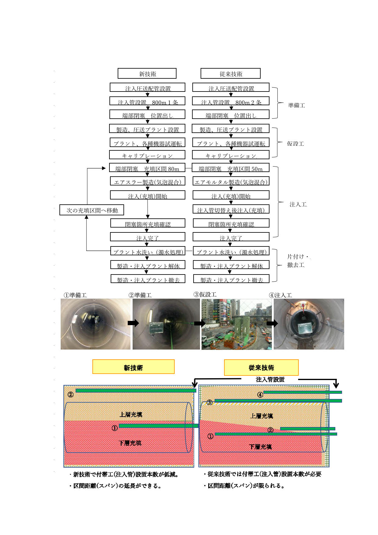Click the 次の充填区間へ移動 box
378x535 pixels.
point(92,210)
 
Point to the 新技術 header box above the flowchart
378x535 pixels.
point(147,74)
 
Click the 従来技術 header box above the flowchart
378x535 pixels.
point(230,74)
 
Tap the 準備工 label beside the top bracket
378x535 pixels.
point(296,105)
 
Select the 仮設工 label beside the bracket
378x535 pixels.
point(295,143)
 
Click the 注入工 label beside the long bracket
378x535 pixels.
point(298,204)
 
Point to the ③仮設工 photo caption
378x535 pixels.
point(205,294)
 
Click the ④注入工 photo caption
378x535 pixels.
point(280,295)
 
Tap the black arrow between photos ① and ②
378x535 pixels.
point(133,323)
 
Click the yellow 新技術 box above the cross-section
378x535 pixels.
point(133,367)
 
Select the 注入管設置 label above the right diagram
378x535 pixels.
point(270,379)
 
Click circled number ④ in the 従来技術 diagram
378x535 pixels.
point(260,395)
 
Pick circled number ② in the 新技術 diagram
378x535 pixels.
point(70,394)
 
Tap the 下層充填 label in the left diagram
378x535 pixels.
point(130,443)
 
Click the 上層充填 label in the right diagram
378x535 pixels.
point(261,416)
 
